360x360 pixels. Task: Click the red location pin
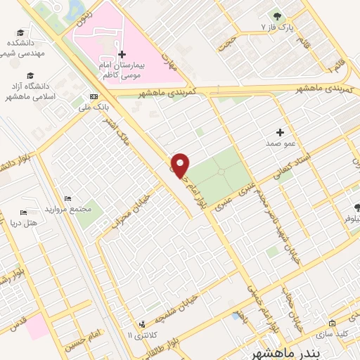tap(181, 165)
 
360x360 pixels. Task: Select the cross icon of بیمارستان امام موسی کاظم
tap(122, 54)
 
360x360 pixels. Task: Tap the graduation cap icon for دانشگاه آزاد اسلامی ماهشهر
tap(30, 75)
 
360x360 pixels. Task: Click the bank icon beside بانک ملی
tap(94, 96)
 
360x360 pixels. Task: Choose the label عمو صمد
tap(278, 143)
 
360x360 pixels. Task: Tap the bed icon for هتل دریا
tap(23, 213)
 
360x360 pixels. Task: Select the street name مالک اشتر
tap(112, 131)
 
